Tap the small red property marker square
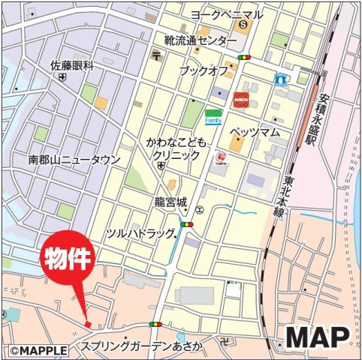(88, 324)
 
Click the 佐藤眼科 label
(72, 65)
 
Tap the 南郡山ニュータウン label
(74, 160)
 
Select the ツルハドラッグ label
(140, 233)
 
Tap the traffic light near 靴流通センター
(243, 57)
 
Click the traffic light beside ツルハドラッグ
(186, 224)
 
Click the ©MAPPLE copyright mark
(39, 350)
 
